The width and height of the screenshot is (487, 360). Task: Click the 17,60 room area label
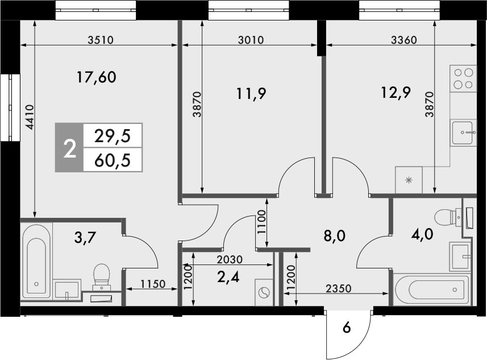click(x=97, y=77)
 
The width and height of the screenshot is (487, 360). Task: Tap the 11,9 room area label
click(x=251, y=93)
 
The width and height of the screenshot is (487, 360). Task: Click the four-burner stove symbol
click(x=462, y=78)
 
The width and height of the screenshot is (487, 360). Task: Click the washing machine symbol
click(x=264, y=292)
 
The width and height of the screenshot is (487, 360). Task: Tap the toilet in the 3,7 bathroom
click(x=102, y=275)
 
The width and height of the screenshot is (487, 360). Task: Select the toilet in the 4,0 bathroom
click(x=445, y=217)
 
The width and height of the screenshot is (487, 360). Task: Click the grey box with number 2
click(x=69, y=148)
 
